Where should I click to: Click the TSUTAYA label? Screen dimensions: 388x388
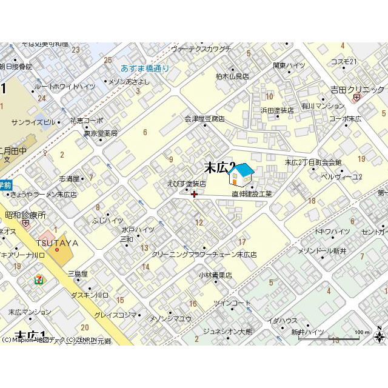(x=57, y=242)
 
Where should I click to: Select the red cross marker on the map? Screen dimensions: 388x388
(x=194, y=194)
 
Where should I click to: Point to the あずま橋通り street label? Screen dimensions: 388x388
(x=145, y=69)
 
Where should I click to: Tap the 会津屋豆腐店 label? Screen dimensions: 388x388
(x=204, y=119)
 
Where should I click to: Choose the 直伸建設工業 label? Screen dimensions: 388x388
(x=252, y=194)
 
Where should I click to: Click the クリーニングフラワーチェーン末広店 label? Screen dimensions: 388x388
(x=204, y=255)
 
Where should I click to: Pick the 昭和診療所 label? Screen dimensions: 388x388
(x=25, y=215)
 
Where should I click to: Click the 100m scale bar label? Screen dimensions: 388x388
(x=361, y=332)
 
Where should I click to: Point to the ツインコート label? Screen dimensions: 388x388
(x=232, y=303)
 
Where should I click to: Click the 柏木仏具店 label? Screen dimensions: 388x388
(x=233, y=76)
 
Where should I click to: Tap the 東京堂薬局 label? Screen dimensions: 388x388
(x=101, y=133)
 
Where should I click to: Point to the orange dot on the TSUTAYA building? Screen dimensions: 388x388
(x=57, y=249)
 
